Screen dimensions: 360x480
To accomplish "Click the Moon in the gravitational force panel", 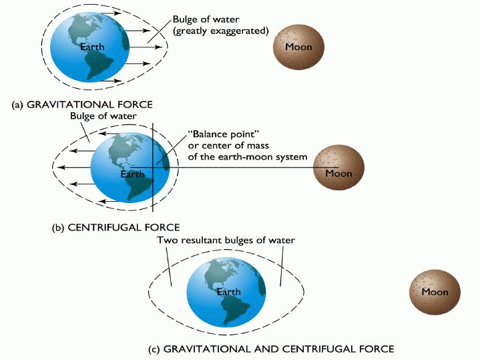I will (298, 47).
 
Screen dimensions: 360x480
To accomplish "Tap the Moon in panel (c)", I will (435, 293).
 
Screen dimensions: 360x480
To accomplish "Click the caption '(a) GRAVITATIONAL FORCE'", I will (81, 105).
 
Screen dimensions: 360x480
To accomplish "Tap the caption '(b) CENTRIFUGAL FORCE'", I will (115, 227).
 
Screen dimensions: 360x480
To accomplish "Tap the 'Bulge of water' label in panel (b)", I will (102, 116).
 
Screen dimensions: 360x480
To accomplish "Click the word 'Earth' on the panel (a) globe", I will (91, 47).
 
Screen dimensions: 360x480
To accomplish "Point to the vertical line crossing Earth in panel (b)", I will (154, 194).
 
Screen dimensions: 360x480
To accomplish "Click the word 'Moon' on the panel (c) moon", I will (435, 293).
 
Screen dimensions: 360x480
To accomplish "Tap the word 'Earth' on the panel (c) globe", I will (228, 293).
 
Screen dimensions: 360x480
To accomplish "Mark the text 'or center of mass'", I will (227, 146).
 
